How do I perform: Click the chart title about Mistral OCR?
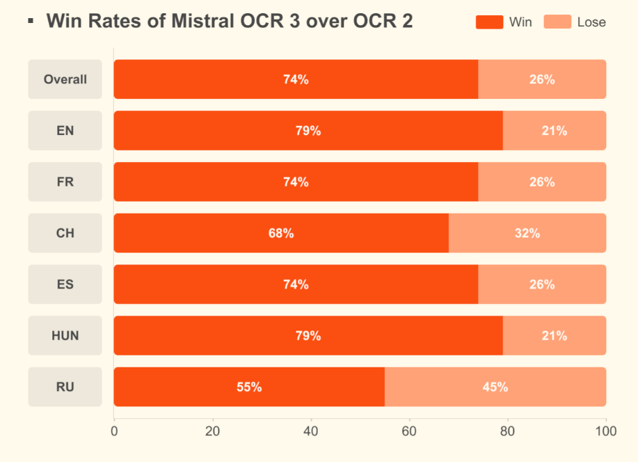point(230,21)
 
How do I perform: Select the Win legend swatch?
point(489,22)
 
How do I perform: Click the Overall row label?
point(65,79)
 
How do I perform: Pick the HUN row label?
point(65,335)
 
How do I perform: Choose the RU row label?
point(65,387)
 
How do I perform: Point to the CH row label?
point(65,233)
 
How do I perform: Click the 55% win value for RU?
point(249,387)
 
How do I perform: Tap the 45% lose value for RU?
point(495,387)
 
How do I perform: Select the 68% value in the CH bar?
point(281,233)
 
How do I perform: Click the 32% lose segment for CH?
point(527,233)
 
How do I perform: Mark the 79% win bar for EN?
point(308,131)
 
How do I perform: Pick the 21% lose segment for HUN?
point(555,335)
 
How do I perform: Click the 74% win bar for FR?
point(296,182)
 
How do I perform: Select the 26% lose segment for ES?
point(542,285)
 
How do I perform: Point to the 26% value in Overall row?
point(542,79)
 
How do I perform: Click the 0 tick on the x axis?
point(114,431)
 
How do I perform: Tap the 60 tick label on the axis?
point(409,431)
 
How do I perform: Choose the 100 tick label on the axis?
point(606,431)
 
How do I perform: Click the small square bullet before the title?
point(31,22)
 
